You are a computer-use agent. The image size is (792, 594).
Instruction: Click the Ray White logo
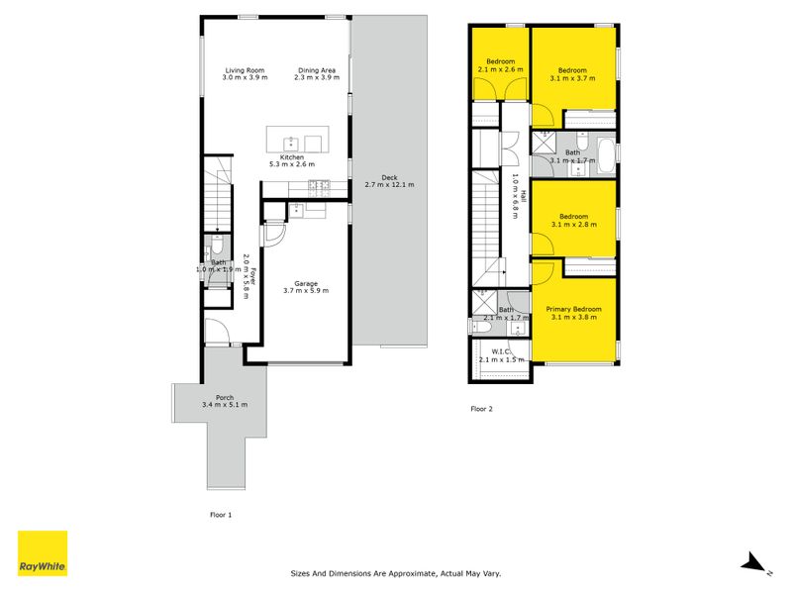(x=43, y=553)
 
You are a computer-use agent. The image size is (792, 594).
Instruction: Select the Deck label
(x=389, y=177)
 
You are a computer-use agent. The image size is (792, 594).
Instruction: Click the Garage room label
(x=306, y=283)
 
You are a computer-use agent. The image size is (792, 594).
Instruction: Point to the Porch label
(x=225, y=398)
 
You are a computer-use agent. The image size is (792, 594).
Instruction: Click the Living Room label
(x=245, y=70)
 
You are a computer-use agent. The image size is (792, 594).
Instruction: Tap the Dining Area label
(x=317, y=70)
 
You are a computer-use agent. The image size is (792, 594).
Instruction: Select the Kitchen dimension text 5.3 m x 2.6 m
(x=292, y=164)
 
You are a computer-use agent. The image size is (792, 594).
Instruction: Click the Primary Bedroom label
(x=574, y=309)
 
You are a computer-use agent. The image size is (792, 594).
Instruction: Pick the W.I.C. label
(x=501, y=351)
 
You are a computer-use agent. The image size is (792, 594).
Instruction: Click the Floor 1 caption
(x=221, y=515)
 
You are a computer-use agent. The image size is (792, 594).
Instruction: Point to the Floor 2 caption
(x=481, y=409)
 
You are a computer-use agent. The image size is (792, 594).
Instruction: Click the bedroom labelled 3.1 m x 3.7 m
(x=573, y=70)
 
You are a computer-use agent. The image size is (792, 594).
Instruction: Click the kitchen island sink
(x=291, y=144)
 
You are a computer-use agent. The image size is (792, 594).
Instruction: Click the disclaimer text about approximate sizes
(x=396, y=573)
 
